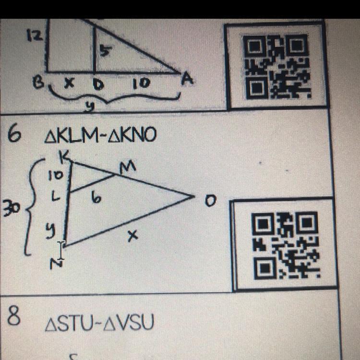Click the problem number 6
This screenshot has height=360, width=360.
pos(14,135)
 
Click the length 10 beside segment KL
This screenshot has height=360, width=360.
pos(56,176)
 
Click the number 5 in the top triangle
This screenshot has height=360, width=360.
pos(104,52)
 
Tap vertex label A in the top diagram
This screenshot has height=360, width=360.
pos(187,79)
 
